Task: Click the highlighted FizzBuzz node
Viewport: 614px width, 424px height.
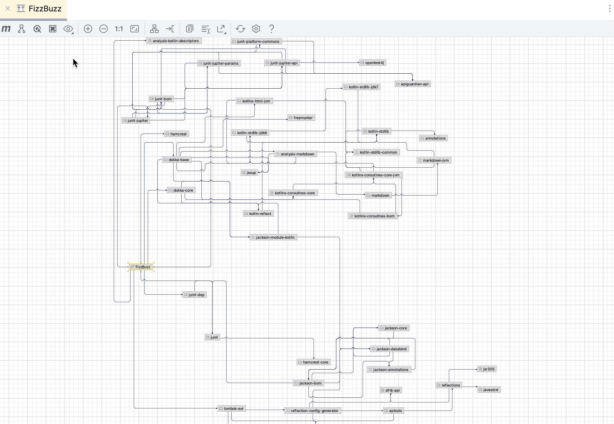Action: pos(141,267)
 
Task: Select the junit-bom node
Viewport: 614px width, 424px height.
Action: pos(161,99)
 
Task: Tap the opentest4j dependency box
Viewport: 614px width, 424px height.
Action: pos(372,63)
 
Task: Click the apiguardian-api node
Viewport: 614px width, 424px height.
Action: pos(412,84)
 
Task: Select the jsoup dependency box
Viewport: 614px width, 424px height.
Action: pos(249,172)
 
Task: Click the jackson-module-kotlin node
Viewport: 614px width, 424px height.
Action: pos(273,237)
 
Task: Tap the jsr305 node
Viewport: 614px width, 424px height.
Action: pos(487,369)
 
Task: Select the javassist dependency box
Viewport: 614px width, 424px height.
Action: pos(489,390)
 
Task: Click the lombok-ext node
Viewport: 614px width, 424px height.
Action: pos(232,408)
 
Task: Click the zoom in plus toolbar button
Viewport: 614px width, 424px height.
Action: pos(88,29)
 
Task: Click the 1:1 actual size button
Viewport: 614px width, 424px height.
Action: pos(119,29)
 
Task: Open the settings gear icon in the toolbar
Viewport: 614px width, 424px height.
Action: pos(256,29)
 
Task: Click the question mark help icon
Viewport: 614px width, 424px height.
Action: pos(272,29)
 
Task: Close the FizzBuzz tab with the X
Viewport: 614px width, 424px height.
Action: pos(8,8)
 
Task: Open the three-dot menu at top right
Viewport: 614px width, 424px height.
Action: pos(610,8)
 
